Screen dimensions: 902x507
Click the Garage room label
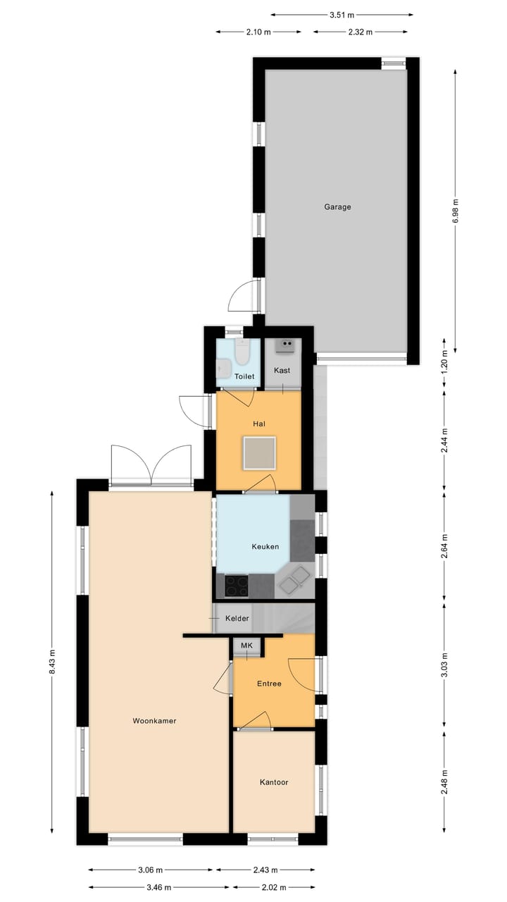click(337, 207)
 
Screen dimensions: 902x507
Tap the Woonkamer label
click(154, 721)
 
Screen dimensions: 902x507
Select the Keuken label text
click(265, 547)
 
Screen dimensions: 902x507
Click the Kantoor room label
click(274, 782)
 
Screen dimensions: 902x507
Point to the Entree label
click(269, 684)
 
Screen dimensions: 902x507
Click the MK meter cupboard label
click(246, 645)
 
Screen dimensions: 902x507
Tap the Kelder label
click(237, 619)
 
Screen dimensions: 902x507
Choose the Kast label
click(282, 371)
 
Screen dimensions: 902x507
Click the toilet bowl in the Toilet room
click(242, 352)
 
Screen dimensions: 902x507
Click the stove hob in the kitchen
click(237, 585)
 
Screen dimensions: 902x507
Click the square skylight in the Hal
click(259, 452)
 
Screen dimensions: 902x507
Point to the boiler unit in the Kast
click(286, 345)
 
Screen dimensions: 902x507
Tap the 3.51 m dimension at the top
click(342, 14)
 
